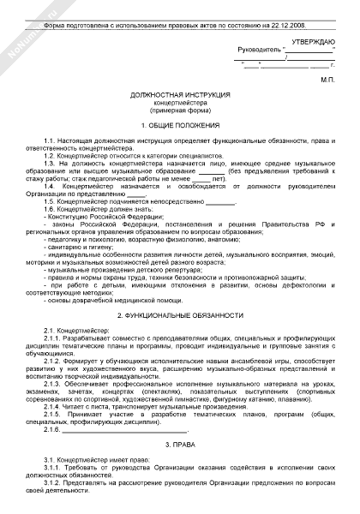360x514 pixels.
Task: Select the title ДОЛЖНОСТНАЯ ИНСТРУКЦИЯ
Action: (180, 98)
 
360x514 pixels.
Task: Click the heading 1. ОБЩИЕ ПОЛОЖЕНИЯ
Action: (180, 125)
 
